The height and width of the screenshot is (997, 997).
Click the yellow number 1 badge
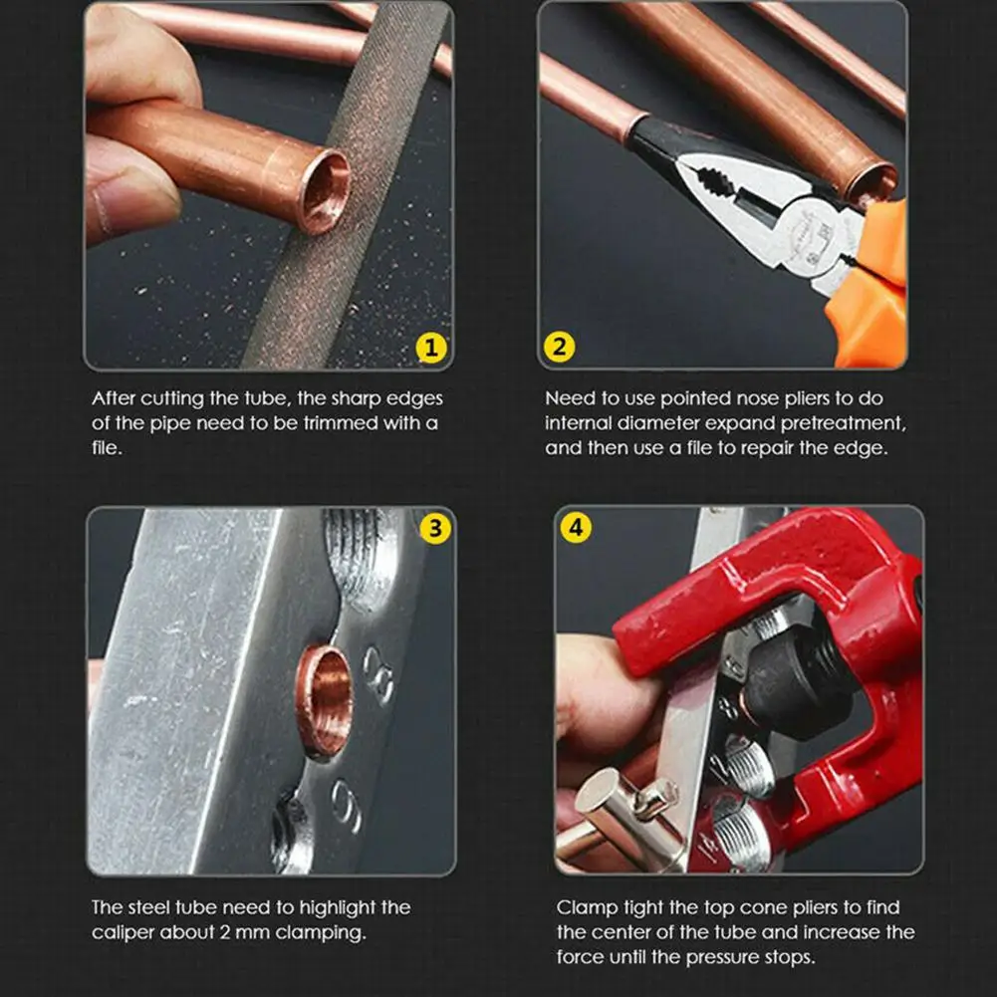click(x=431, y=348)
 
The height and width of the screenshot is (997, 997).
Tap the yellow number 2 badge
click(x=560, y=347)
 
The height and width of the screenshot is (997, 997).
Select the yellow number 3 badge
click(x=435, y=529)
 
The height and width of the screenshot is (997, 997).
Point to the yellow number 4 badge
click(x=576, y=527)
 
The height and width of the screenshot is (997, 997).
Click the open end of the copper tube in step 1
click(x=325, y=191)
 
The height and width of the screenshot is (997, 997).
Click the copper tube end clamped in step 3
click(x=325, y=701)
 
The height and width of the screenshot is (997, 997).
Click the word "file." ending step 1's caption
click(x=107, y=448)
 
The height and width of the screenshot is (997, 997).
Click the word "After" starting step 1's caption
click(x=114, y=398)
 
